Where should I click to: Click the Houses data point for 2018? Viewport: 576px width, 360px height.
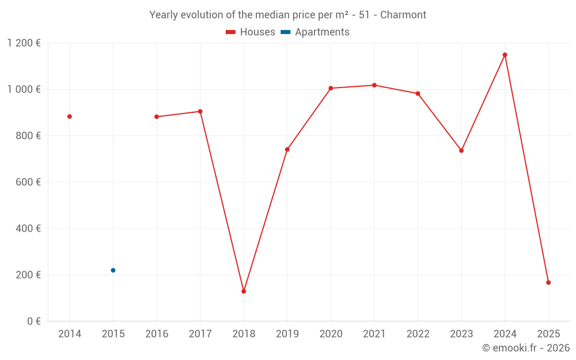click(244, 291)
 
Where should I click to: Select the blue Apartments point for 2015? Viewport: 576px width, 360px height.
click(113, 270)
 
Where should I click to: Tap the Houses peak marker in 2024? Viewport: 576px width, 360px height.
click(505, 55)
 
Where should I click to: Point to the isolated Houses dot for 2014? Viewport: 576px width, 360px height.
click(70, 116)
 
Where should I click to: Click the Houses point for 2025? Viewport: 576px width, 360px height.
click(548, 283)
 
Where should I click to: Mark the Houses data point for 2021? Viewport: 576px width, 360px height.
click(374, 85)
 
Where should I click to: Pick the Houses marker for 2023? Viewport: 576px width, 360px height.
click(461, 150)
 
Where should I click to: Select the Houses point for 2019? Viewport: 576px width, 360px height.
click(287, 149)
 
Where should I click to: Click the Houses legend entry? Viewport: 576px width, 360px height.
click(251, 32)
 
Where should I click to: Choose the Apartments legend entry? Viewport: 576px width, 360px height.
click(316, 32)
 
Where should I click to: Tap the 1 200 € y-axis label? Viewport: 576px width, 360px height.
click(24, 43)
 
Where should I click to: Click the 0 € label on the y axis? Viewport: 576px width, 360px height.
click(34, 321)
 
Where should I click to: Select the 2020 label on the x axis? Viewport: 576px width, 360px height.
click(331, 334)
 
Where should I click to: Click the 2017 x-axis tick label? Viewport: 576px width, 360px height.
click(200, 334)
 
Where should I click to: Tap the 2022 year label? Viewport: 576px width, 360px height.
click(418, 334)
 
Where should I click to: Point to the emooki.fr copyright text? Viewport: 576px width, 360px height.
click(525, 348)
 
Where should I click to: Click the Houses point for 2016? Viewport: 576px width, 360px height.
click(157, 117)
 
